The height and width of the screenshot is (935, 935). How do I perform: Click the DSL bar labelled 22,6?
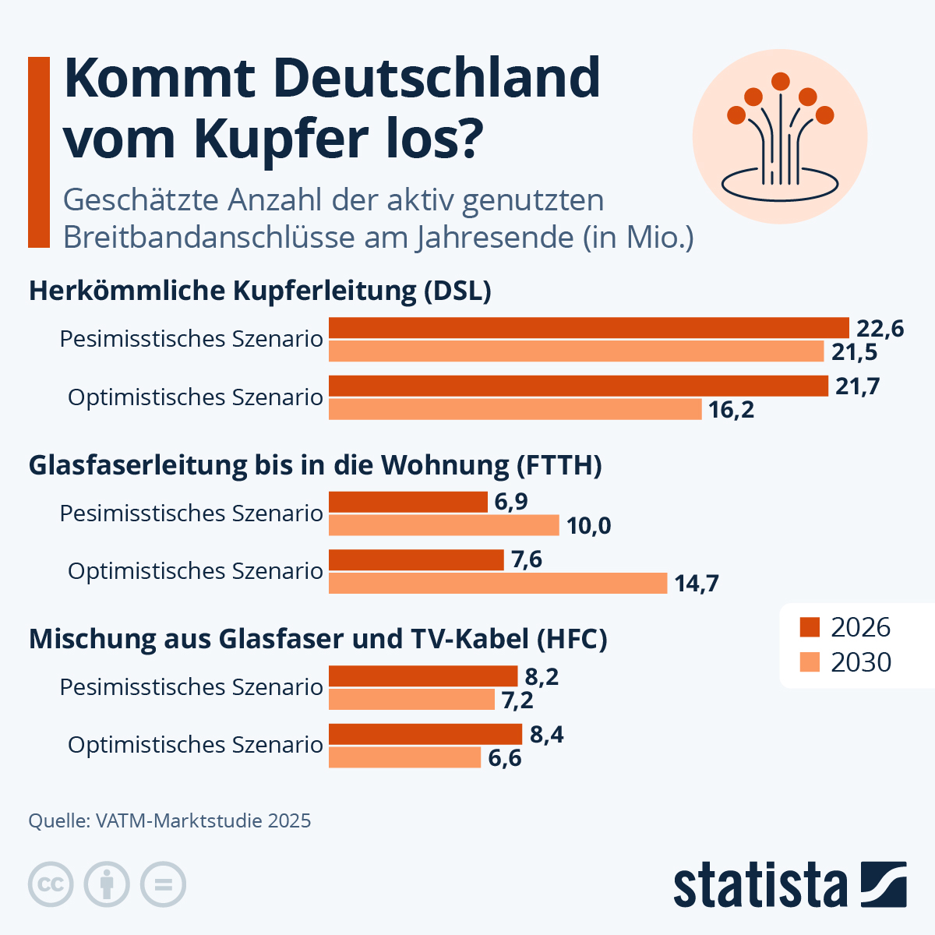pos(588,328)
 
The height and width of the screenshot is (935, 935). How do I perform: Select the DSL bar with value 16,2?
pos(515,409)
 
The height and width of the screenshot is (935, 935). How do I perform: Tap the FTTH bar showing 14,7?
pos(498,583)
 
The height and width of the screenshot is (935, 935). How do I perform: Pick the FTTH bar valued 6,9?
pos(408,502)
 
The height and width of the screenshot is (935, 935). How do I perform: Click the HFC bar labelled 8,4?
pos(425,734)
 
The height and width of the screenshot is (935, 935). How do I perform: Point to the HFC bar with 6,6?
pos(404,757)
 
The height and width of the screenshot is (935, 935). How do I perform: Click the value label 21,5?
pos(854,352)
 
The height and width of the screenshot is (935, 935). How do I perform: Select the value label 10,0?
pos(588,526)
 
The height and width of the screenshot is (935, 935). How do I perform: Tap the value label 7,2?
pos(517,700)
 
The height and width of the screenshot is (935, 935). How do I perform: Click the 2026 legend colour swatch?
pos(810,627)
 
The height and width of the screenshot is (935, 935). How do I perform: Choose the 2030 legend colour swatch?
pos(810,662)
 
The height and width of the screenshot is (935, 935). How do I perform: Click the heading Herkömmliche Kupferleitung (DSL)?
pos(259,291)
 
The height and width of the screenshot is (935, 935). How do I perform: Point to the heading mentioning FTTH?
pos(315,465)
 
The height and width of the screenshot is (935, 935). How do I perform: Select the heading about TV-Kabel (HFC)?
pos(318,639)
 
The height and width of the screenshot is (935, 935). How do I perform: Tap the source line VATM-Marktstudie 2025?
pos(170,820)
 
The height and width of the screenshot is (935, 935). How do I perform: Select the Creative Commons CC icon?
pos(51,884)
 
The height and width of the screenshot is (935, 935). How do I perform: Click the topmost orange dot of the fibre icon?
pos(781,81)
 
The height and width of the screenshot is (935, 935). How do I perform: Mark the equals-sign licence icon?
pos(163,884)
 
